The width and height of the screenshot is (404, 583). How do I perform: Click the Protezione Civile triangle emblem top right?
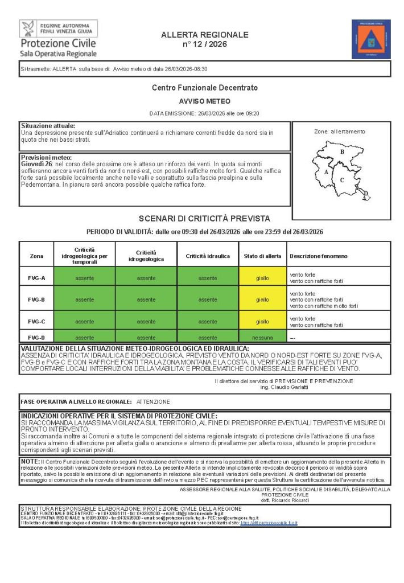coord(370,39)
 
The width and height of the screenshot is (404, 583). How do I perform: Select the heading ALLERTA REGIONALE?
coord(204,35)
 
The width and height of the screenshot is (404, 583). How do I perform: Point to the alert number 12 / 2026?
coord(204,44)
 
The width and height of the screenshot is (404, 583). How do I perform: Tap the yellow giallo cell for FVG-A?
coord(262,278)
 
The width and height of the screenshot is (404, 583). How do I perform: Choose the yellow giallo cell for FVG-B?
coord(262,299)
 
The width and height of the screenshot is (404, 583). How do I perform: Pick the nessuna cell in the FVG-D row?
coord(262,337)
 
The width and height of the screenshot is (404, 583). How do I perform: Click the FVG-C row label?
coord(36,322)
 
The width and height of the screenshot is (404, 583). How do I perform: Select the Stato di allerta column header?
coord(262,256)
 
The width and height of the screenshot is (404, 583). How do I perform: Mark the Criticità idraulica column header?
coord(208,256)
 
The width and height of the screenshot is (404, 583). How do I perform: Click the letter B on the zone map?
coord(342,152)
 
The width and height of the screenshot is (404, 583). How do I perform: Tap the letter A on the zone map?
coord(325,171)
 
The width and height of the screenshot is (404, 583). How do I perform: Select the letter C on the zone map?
coord(343,180)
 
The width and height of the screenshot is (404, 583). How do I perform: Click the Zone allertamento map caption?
coord(340,132)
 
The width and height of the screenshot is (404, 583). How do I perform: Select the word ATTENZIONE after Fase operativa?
coord(152,401)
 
